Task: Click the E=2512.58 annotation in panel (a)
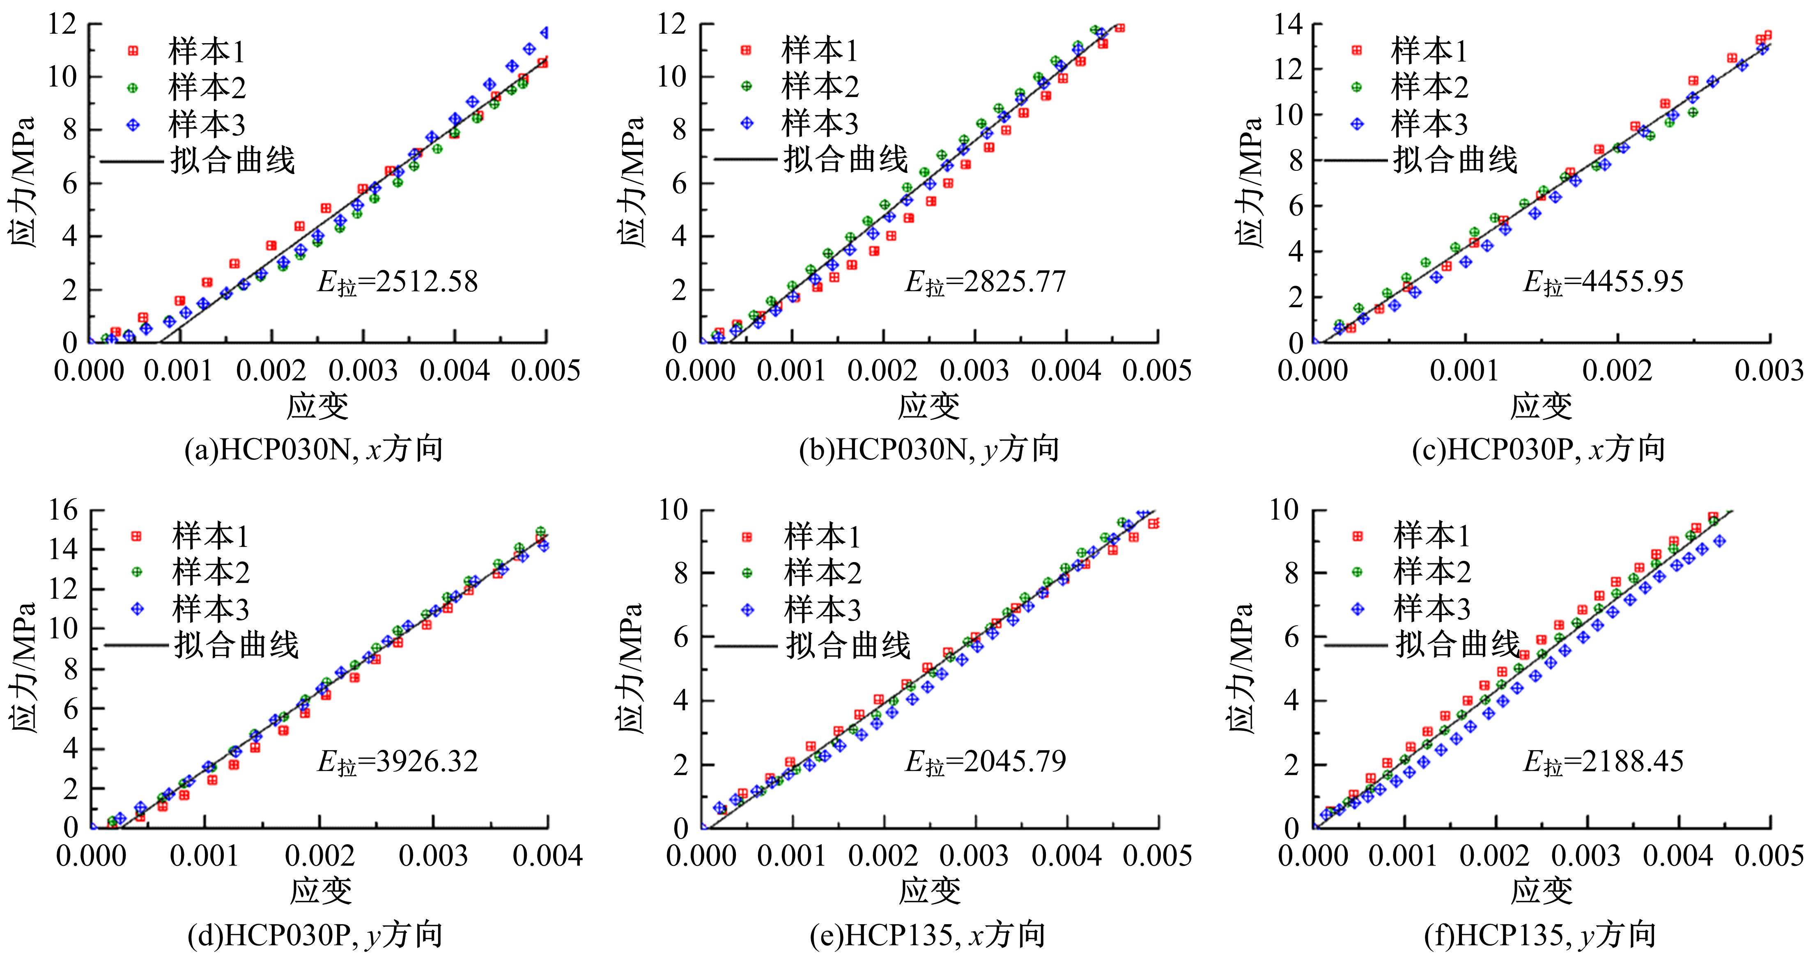398,282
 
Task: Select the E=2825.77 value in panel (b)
985,282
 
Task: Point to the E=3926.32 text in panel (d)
398,762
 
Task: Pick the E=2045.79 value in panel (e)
985,762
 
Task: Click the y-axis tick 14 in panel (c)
1289,25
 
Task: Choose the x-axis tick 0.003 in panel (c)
1769,371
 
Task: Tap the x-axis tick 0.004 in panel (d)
547,856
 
